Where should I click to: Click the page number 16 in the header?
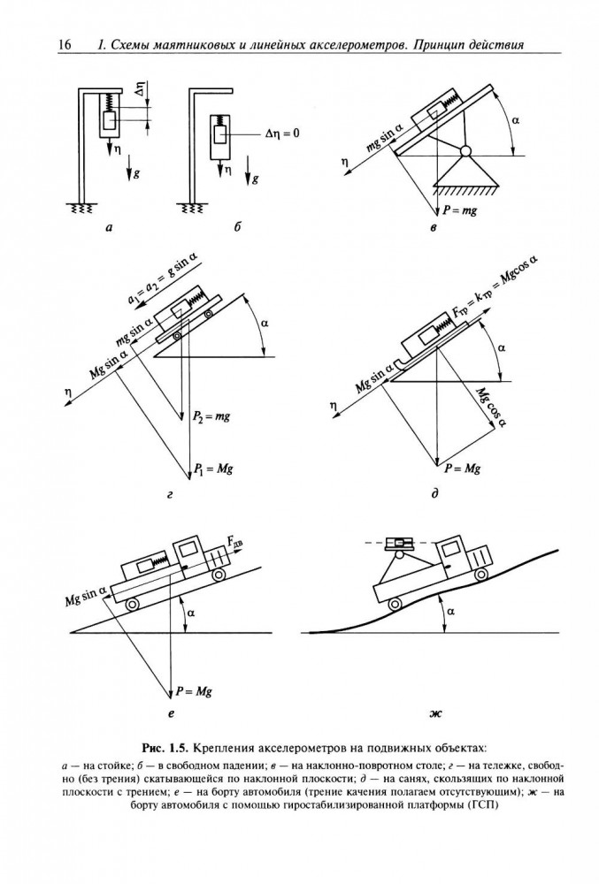pyautogui.click(x=65, y=44)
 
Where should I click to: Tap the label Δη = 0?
pyautogui.click(x=282, y=134)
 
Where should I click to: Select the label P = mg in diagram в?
pyautogui.click(x=460, y=210)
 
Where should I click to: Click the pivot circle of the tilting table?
pyautogui.click(x=465, y=151)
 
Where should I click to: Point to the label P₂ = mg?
pyautogui.click(x=211, y=416)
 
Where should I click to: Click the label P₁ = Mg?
pyautogui.click(x=213, y=469)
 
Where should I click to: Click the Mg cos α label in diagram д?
pyautogui.click(x=490, y=407)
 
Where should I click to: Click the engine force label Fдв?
pyautogui.click(x=237, y=543)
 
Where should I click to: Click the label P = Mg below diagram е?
pyautogui.click(x=194, y=691)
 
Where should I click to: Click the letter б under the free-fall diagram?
pyautogui.click(x=237, y=227)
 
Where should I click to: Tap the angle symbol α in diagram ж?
pyautogui.click(x=450, y=611)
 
